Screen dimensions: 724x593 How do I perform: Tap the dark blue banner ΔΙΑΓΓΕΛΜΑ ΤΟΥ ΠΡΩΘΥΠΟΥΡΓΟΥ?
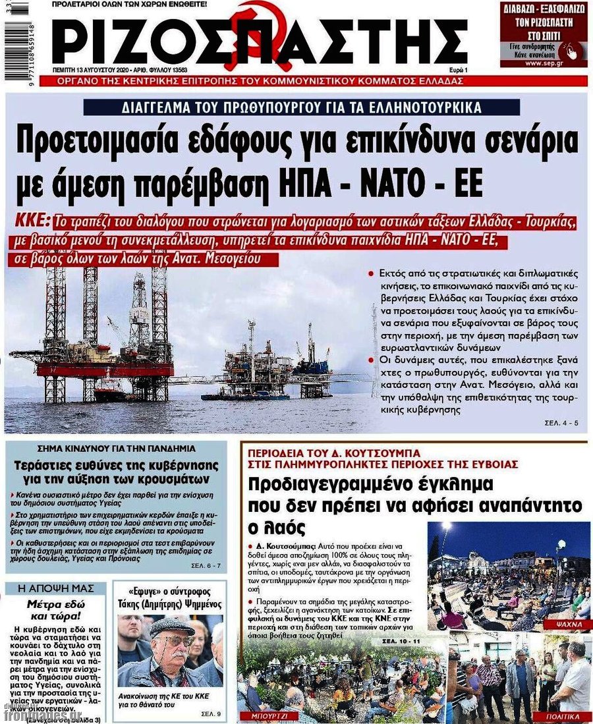click(x=302, y=107)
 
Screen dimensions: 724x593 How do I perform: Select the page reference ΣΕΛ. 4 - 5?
click(x=561, y=422)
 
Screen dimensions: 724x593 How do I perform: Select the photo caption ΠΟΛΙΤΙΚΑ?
click(x=563, y=715)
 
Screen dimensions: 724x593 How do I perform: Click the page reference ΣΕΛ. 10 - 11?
click(x=403, y=640)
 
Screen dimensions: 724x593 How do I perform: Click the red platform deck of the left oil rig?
click(x=105, y=368)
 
